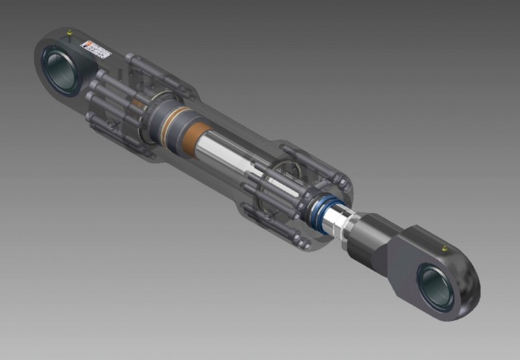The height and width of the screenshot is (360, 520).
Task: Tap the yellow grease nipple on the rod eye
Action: (443, 248)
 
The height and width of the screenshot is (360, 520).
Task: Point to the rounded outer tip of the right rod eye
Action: (471, 286)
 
